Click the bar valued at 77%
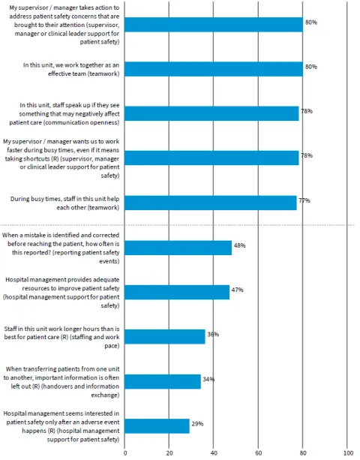211,203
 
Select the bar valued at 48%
178,248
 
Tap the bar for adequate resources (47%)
177,292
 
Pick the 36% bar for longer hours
165,336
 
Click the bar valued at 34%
163,381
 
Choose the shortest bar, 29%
157,425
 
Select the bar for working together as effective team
214,69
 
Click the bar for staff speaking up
211,113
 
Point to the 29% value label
197,424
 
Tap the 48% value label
239,245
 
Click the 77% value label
304,200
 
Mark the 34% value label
208,379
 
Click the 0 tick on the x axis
125,453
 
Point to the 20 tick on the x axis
169,453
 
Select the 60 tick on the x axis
259,453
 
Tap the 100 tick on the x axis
347,453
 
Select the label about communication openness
61,113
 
